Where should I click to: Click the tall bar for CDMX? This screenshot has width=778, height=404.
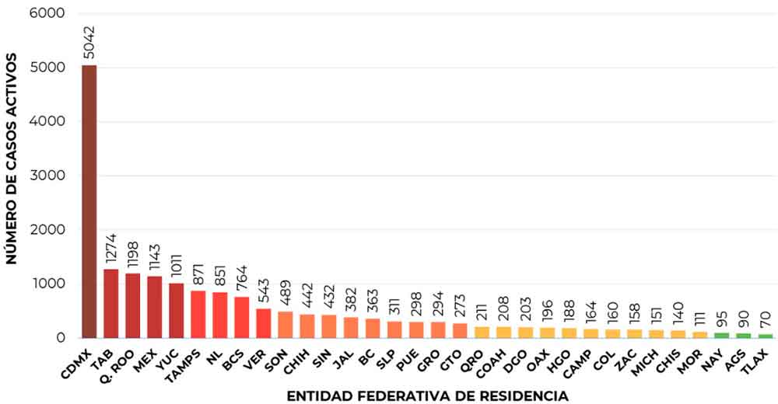[x=89, y=202]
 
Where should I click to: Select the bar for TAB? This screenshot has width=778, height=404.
[x=111, y=304]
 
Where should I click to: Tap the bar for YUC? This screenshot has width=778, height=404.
[x=177, y=311]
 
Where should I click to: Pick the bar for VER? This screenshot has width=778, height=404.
[x=264, y=323]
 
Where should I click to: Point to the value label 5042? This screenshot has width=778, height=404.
[x=90, y=39]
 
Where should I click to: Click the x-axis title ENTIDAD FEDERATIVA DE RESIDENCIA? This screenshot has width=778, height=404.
[x=427, y=396]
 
